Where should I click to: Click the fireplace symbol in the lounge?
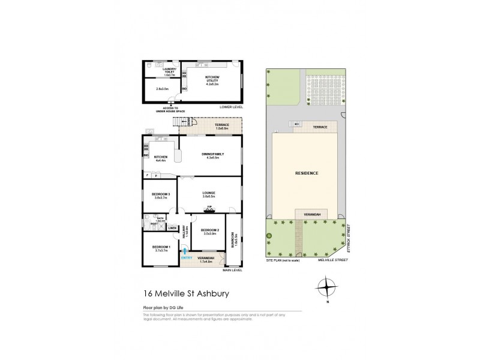coord(210,209)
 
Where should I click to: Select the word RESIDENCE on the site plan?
coord(306,173)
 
